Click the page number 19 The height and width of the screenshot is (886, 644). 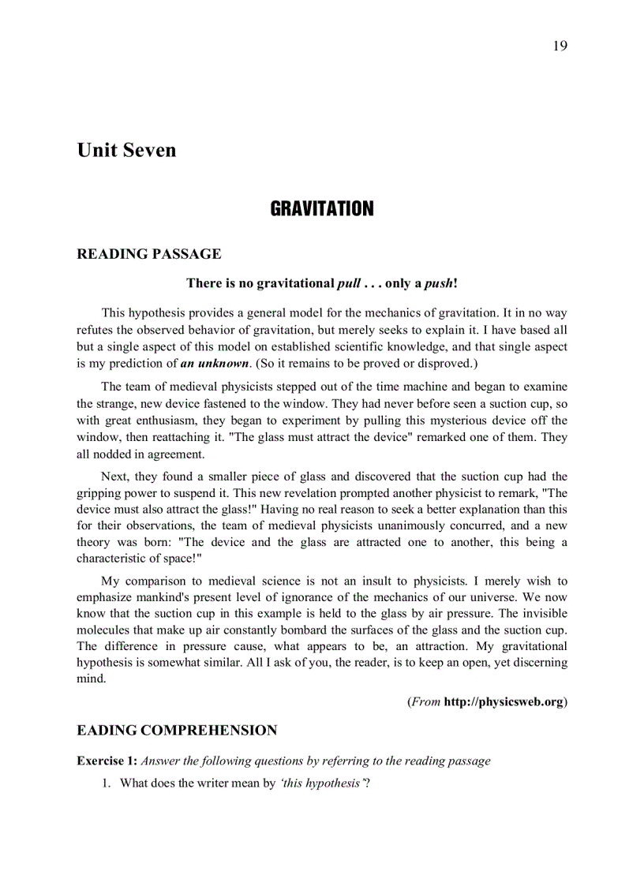tap(560, 45)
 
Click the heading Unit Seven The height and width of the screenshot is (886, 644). tap(126, 150)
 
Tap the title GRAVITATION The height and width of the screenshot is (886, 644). tap(322, 209)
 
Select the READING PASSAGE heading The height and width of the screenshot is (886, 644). tap(148, 254)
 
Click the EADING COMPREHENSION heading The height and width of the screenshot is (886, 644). tap(177, 731)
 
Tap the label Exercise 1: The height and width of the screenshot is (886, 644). tap(107, 761)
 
